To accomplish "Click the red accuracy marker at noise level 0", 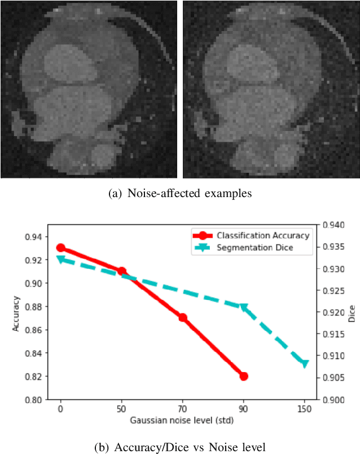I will click(x=61, y=248).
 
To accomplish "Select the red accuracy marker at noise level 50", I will click(x=121, y=272).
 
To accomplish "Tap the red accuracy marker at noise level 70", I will click(x=183, y=317).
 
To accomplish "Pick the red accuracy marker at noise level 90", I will click(x=244, y=376).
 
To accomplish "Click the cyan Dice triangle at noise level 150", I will click(x=305, y=364).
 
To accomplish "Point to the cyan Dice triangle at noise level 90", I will click(x=244, y=307).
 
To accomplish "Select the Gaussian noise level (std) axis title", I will click(x=182, y=421).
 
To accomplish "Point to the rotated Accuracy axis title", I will click(x=16, y=312).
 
